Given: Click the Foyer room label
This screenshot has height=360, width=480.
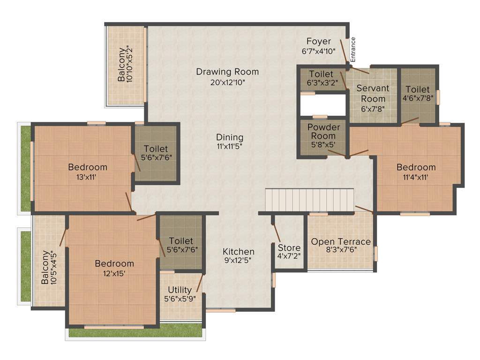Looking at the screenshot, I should click(319, 41).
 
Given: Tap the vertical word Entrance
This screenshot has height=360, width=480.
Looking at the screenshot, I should click(353, 50).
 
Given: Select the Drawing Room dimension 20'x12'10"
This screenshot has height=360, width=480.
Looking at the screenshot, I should click(227, 82).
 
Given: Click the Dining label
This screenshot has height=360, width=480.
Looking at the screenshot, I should click(230, 137).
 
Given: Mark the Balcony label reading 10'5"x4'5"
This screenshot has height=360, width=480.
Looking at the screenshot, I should click(49, 268).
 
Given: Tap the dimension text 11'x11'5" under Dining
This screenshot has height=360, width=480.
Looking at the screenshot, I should click(230, 146).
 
